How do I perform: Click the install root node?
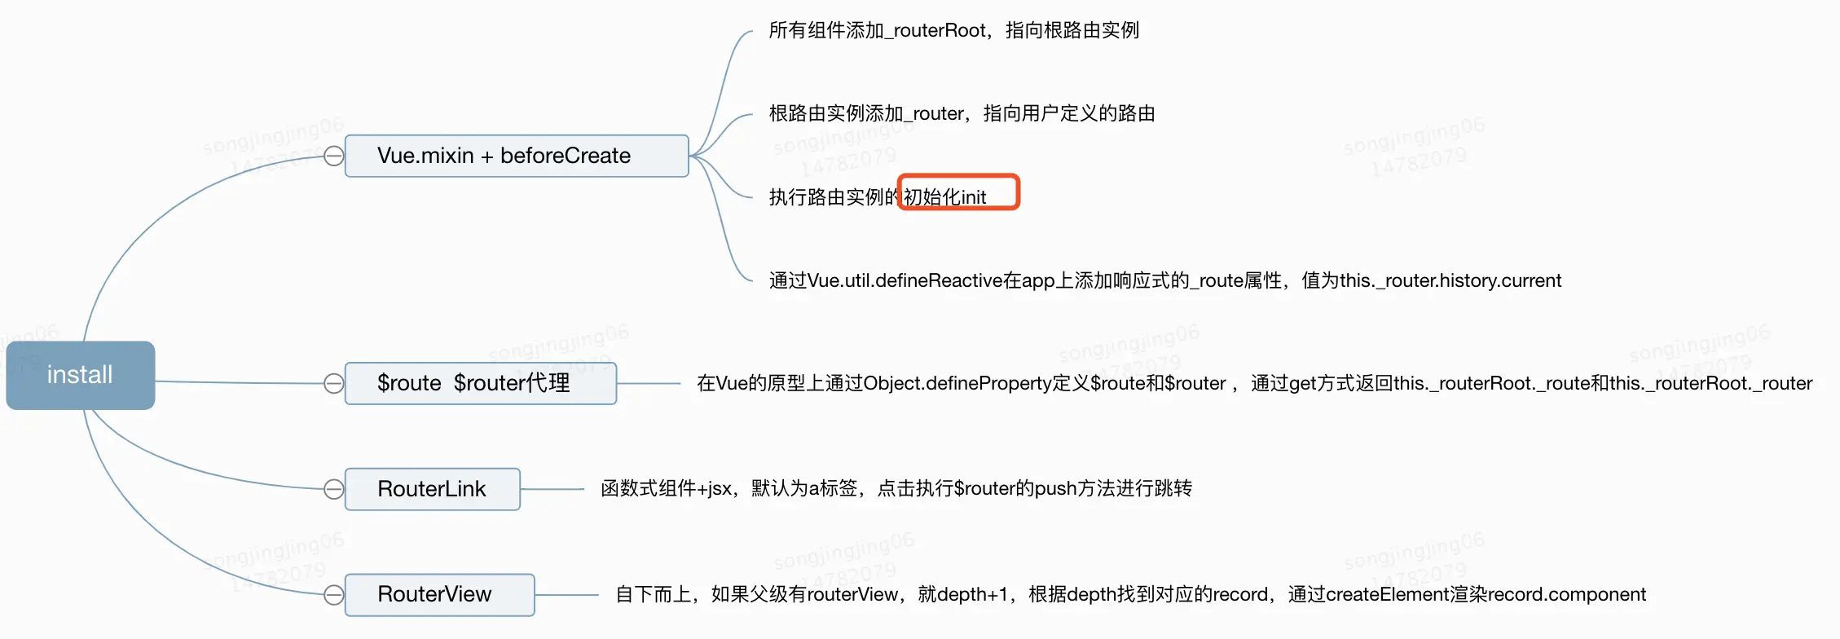[80, 375]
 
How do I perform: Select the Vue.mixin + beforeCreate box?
[516, 156]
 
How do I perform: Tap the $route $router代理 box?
[480, 383]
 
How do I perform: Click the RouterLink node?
[432, 489]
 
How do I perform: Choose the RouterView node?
[439, 594]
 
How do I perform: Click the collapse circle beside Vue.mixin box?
[334, 156]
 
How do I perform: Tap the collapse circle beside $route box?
[334, 383]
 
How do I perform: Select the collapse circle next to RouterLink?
[334, 489]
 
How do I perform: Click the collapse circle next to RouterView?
[334, 595]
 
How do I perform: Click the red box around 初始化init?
[958, 192]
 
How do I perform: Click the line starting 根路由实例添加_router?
[962, 113]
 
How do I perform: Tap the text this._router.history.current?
[1450, 281]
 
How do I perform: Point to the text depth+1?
[973, 595]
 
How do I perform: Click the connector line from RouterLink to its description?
[552, 489]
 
